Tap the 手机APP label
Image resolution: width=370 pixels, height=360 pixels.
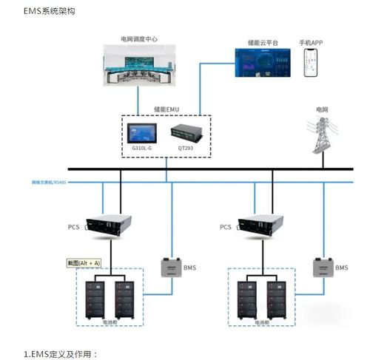point(311,44)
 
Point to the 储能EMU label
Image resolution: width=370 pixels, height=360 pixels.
point(166,109)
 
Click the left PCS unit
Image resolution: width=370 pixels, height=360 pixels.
point(108,224)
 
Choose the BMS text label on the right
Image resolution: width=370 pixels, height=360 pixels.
point(341,268)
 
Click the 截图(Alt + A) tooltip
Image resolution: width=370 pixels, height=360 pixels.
point(84,262)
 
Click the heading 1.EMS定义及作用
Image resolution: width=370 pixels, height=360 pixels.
point(61,354)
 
